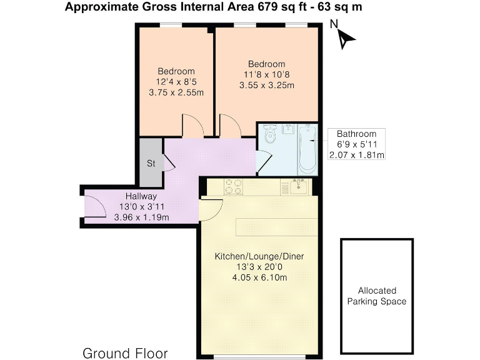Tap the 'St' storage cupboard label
[151, 164]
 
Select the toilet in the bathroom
[269, 136]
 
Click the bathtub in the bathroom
[306, 150]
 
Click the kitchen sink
[298, 186]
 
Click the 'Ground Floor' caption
[125, 353]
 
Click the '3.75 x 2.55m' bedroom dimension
[176, 92]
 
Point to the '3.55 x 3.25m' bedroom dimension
[266, 85]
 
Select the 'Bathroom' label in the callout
[356, 134]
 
